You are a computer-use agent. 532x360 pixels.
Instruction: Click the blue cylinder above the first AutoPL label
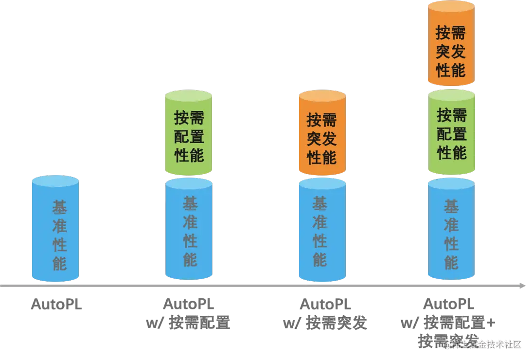(55, 229)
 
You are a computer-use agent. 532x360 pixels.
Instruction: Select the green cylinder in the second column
(189, 132)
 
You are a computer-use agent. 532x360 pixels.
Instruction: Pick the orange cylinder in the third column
(322, 132)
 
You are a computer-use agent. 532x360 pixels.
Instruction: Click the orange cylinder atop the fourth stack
(451, 44)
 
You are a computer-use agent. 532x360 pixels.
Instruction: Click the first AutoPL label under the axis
(56, 305)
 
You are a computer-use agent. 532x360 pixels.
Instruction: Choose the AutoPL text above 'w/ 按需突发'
(325, 305)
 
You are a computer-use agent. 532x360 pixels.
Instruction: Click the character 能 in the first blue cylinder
(59, 263)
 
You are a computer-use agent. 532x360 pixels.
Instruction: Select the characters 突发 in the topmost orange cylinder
(451, 52)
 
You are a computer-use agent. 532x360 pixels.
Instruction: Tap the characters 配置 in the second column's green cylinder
(189, 137)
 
